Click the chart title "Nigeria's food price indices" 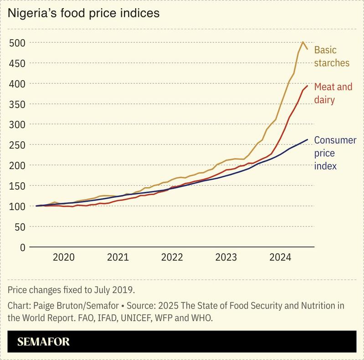[x=83, y=13]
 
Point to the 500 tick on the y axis [x=16, y=43]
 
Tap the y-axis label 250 [x=16, y=145]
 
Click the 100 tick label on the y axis [x=16, y=206]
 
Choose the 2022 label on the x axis [x=172, y=257]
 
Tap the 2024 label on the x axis [x=280, y=257]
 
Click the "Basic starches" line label [x=332, y=57]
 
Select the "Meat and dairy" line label [x=333, y=93]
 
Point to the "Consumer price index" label [x=335, y=153]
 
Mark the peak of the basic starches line [x=303, y=42]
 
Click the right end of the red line [x=308, y=86]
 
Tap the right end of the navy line [x=308, y=139]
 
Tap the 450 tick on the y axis [x=16, y=63]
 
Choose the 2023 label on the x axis [x=226, y=257]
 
